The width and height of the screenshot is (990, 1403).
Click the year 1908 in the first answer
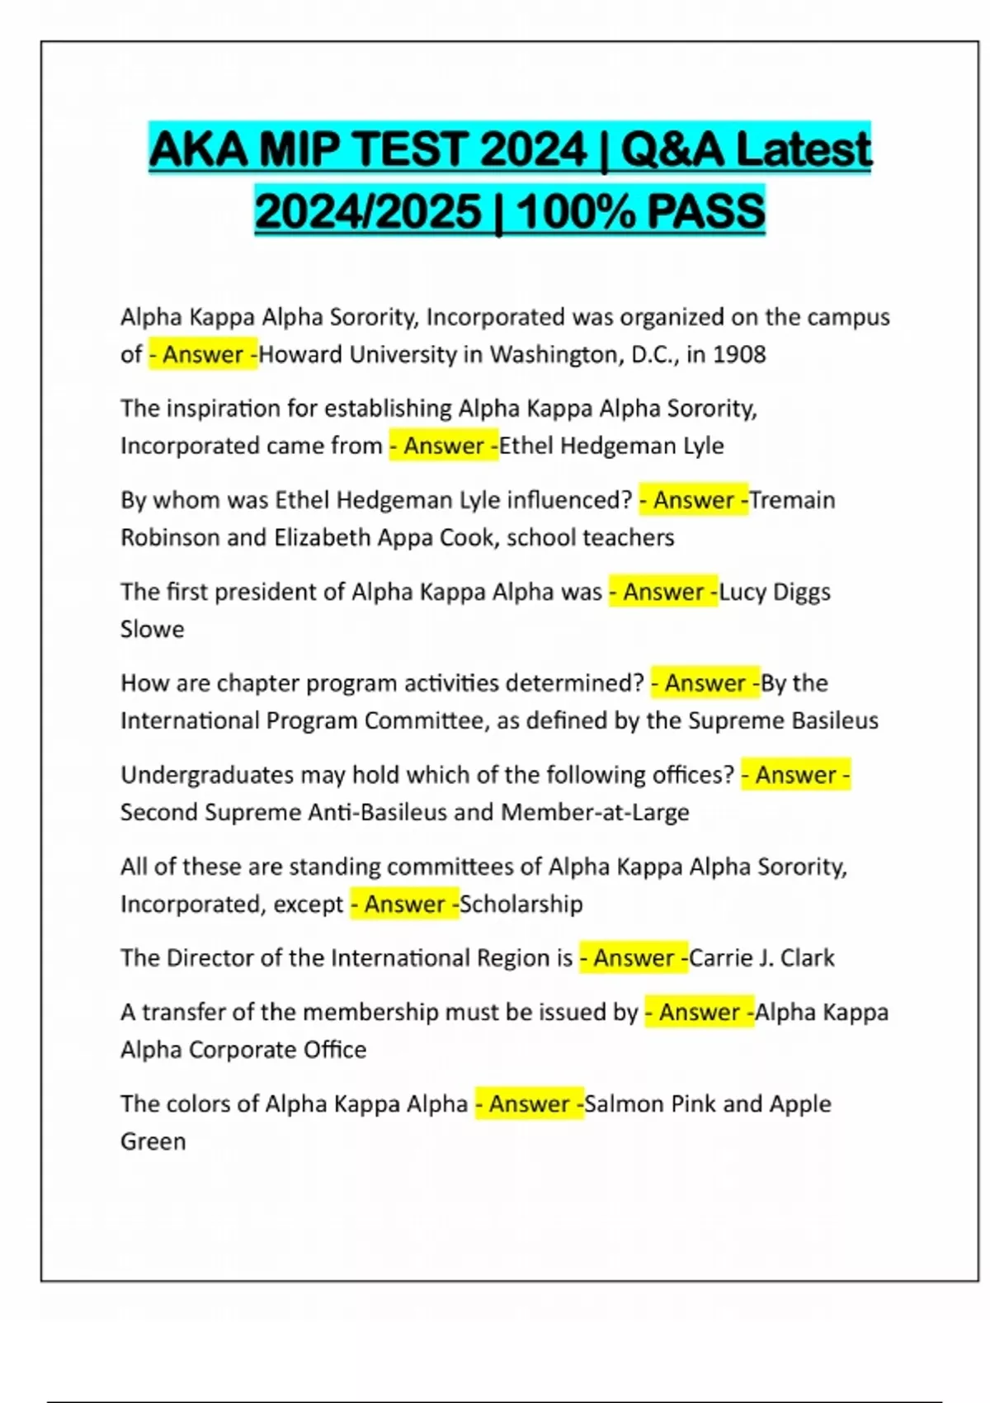pos(739,354)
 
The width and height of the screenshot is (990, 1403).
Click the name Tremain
pos(792,499)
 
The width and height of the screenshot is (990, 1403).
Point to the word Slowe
pos(152,629)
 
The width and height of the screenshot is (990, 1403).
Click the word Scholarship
pos(521,904)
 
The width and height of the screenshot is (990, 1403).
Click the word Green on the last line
pos(153,1141)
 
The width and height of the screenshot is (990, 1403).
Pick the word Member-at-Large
pos(595,812)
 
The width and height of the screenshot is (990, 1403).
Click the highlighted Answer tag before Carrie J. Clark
pos(634,957)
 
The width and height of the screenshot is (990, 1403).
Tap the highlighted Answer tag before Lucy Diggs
pos(663,592)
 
